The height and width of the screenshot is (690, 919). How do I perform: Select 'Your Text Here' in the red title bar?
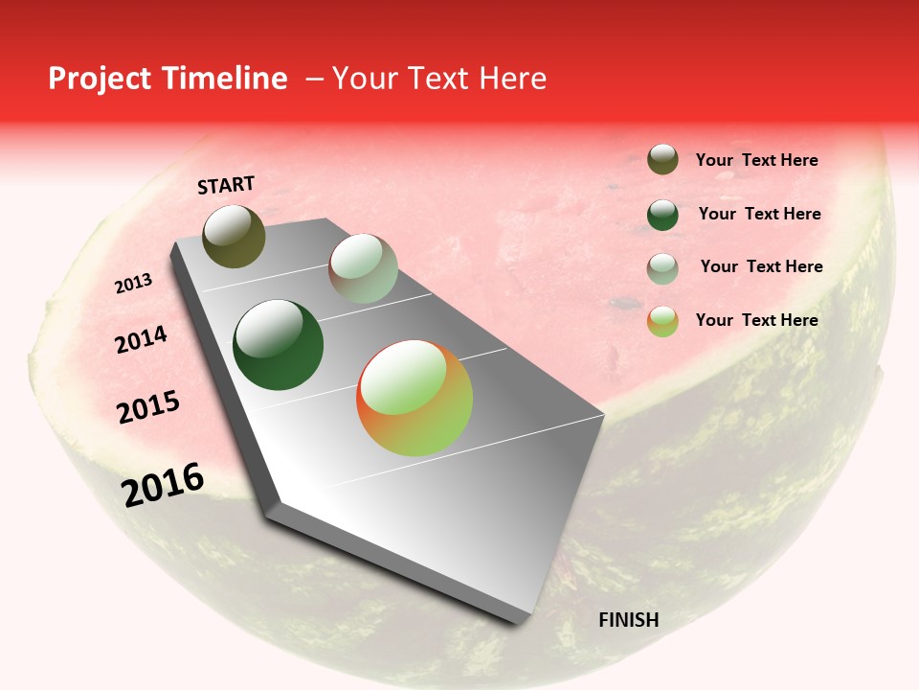438,79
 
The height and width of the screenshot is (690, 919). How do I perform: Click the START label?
226,185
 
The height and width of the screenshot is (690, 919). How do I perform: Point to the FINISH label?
628,620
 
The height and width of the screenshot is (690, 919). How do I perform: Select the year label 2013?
133,284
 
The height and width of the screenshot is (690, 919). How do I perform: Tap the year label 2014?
141,340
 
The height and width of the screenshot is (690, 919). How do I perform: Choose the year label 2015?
148,408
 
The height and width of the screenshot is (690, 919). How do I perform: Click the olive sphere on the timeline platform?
234,236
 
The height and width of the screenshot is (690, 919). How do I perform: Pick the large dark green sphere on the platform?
278,345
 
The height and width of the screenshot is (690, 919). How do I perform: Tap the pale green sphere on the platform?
363,268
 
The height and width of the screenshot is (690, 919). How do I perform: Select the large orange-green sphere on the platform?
415,398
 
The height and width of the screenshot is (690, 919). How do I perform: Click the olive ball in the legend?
662,160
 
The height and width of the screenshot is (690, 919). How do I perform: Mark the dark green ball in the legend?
662,215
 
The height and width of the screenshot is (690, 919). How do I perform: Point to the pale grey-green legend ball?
662,268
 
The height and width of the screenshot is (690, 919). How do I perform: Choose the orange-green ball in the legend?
662,321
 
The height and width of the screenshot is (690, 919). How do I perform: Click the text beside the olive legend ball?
756,161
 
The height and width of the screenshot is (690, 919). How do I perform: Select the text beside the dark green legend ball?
759,214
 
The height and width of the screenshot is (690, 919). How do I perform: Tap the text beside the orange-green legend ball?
756,320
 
